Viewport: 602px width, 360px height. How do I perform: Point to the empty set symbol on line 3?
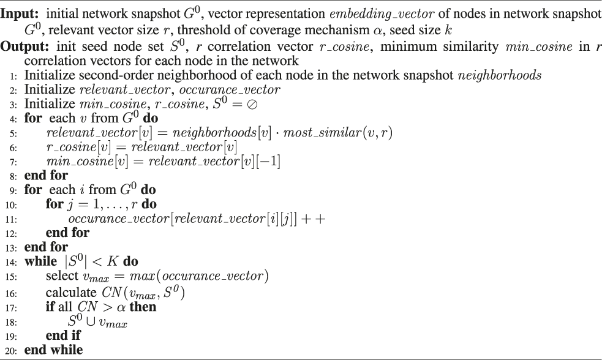pos(251,104)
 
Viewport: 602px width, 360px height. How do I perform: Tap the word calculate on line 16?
pos(69,292)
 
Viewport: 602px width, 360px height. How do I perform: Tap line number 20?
pos(13,350)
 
